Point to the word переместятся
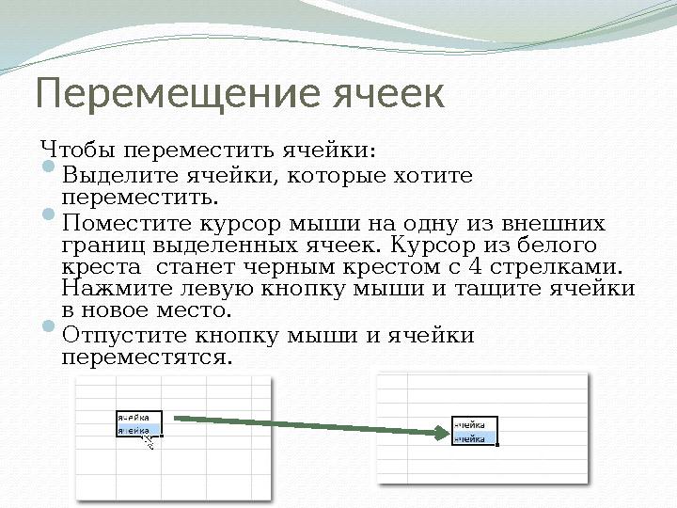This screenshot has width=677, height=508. [x=145, y=357]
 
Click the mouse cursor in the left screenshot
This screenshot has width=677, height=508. [x=147, y=438]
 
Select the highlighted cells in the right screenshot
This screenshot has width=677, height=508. [x=475, y=430]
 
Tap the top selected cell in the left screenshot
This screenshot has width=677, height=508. [x=138, y=417]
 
